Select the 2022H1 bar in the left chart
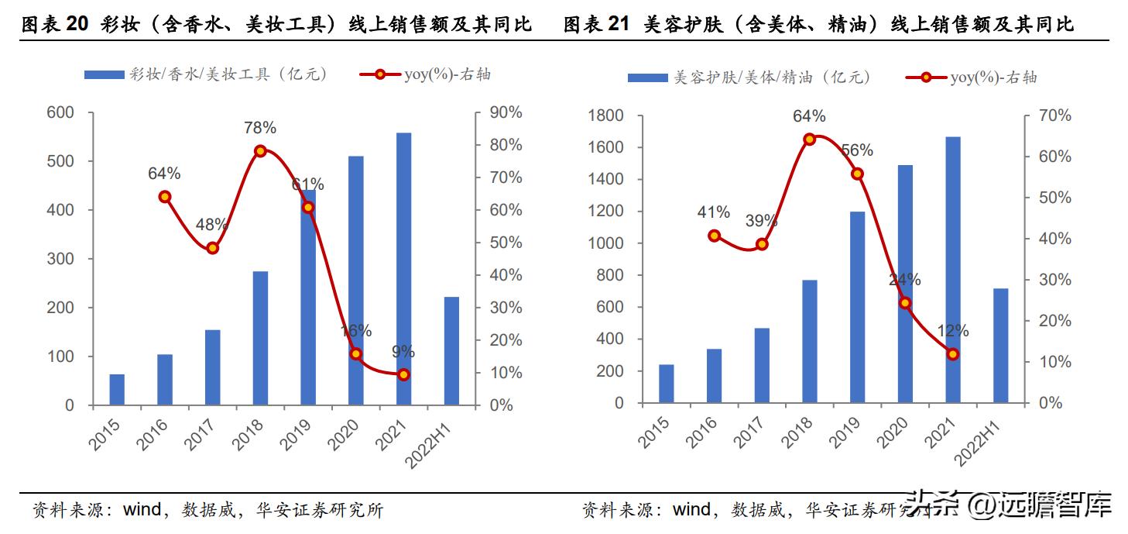pos(451,350)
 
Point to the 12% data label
pos(953,331)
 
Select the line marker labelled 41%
pos(715,236)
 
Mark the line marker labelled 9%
pos(403,374)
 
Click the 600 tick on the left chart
pos(60,113)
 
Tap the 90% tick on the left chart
pos(506,113)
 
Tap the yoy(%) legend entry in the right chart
pos(971,78)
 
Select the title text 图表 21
pos(596,25)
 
